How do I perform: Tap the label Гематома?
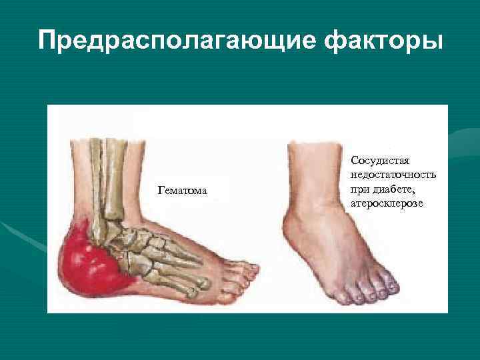point(182,192)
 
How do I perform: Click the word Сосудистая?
point(379,161)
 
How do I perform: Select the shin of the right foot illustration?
point(313,167)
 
